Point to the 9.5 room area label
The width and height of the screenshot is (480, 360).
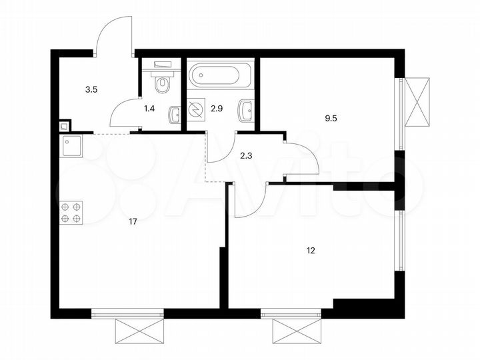tap(331, 119)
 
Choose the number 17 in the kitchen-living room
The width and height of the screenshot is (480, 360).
tap(133, 222)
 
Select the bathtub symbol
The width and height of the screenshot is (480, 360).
tap(220, 75)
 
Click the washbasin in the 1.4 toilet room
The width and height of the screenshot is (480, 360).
tap(175, 115)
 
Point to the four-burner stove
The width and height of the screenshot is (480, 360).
tap(71, 212)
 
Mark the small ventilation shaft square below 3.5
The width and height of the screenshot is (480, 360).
tap(64, 125)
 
